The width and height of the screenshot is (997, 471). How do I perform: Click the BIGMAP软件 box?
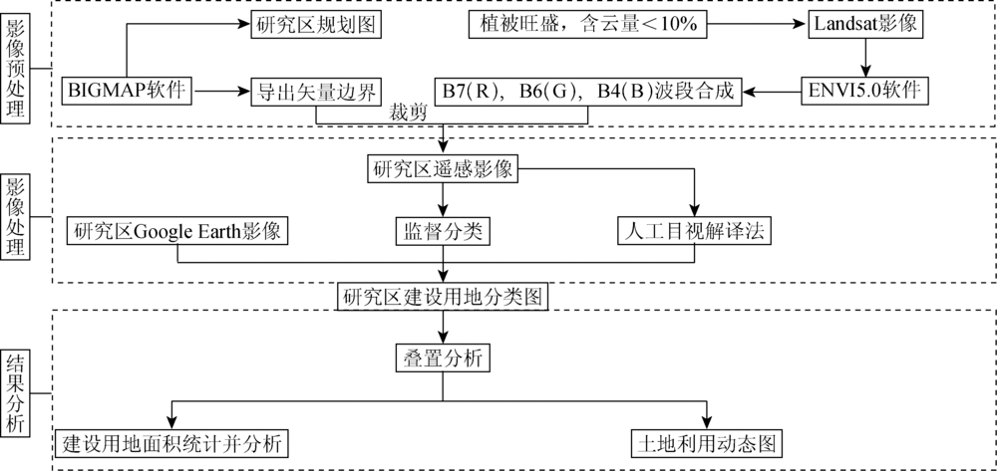point(128,91)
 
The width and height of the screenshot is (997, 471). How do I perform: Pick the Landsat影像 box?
point(863,24)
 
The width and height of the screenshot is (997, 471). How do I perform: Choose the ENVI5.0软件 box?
point(863,91)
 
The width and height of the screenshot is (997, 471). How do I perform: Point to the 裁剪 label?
point(408,113)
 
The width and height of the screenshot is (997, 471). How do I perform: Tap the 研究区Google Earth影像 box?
point(177,231)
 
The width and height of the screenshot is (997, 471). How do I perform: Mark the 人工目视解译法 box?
point(694,231)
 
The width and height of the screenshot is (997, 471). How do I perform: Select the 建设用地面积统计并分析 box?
point(171,443)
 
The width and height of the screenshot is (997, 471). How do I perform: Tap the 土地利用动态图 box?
point(706,443)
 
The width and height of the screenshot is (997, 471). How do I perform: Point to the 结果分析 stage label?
point(15,394)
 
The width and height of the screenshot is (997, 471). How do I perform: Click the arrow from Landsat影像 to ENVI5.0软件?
point(863,58)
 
